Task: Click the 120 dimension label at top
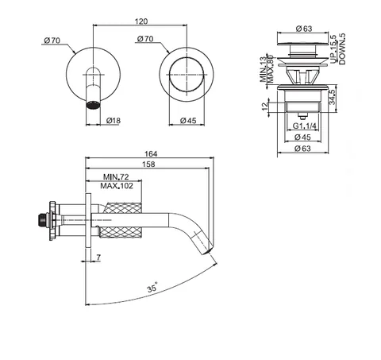tap(141, 21)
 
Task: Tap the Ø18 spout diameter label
tap(114, 121)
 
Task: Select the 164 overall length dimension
tap(151, 153)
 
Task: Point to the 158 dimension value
tap(148, 165)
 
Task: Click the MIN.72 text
tap(116, 176)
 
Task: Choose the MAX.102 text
tap(117, 186)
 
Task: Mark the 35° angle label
tap(152, 288)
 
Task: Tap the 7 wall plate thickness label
tap(98, 257)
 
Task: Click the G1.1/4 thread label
tap(304, 126)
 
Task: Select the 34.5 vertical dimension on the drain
tap(333, 96)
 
